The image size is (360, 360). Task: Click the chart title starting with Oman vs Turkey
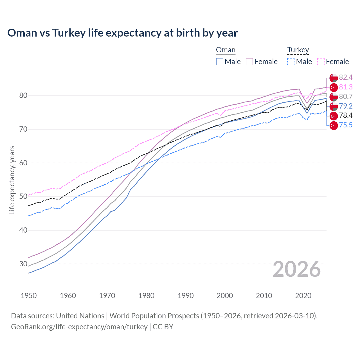[x=122, y=33]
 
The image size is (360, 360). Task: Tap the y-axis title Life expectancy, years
[x=12, y=180]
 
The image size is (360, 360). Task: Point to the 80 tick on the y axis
[x=23, y=96]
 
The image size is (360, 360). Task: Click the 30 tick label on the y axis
[x=23, y=264]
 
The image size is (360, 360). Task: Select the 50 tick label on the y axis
[x=23, y=196]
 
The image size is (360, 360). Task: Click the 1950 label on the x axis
[x=29, y=296]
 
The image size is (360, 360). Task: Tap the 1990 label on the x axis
[x=186, y=296]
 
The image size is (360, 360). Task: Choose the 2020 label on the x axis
[x=303, y=296]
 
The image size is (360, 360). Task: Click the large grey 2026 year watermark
[x=296, y=269]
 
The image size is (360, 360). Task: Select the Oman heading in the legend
[x=226, y=50]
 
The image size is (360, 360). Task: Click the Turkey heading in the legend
[x=298, y=50]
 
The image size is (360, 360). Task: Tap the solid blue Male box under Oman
[x=220, y=62]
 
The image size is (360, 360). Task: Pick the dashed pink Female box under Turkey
[x=321, y=62]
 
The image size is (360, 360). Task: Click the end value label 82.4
[x=346, y=78]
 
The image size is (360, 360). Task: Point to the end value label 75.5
[x=346, y=125]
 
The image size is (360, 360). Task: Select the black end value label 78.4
[x=346, y=116]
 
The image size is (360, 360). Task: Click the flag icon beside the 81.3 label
[x=334, y=87]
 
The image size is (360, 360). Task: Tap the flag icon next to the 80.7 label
[x=334, y=97]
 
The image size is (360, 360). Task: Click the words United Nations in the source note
[x=80, y=316]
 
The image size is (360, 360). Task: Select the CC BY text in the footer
[x=163, y=327]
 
